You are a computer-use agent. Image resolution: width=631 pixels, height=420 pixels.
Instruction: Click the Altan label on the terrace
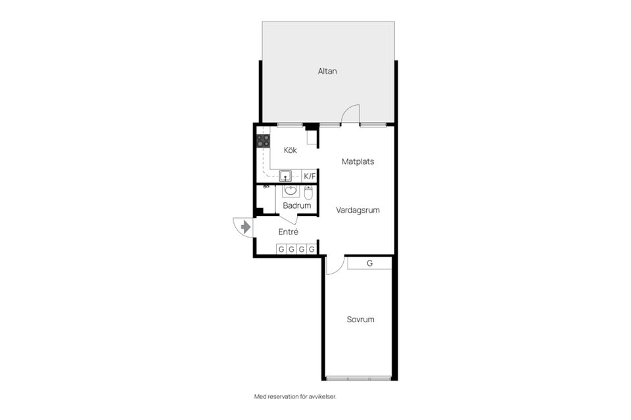click(x=327, y=71)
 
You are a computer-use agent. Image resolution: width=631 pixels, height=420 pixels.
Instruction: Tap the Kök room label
click(x=290, y=150)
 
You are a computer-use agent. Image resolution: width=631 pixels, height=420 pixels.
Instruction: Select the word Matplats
click(x=358, y=161)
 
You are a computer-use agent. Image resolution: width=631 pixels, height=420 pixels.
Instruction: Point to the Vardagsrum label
click(x=358, y=211)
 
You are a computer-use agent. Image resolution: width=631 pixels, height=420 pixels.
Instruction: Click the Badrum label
click(x=296, y=205)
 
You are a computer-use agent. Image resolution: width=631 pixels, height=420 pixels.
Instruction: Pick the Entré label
click(x=289, y=232)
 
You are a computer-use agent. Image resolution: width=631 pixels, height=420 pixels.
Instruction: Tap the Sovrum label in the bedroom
click(x=360, y=320)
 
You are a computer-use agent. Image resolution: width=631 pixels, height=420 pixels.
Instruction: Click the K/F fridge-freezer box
click(x=310, y=176)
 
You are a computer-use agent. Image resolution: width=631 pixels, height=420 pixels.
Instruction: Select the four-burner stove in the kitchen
click(x=263, y=140)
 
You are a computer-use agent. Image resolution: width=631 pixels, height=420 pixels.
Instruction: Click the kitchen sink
click(x=286, y=175)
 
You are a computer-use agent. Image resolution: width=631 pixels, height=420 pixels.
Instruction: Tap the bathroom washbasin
click(x=291, y=191)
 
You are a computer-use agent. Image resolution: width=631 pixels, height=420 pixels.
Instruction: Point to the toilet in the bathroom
click(x=309, y=192)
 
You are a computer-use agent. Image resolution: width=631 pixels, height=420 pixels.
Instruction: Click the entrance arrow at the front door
click(x=245, y=227)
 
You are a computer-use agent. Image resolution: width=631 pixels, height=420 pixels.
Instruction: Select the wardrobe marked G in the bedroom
click(x=369, y=263)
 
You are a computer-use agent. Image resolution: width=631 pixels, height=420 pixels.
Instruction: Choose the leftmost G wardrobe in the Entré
click(x=281, y=249)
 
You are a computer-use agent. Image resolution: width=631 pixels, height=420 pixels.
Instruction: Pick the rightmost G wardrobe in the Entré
click(x=312, y=249)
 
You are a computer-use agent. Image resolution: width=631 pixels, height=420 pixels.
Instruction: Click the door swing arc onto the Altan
click(x=352, y=112)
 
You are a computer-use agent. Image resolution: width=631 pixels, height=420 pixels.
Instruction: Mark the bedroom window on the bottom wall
click(x=358, y=379)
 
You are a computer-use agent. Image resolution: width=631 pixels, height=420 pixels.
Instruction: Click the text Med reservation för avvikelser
click(x=299, y=396)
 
